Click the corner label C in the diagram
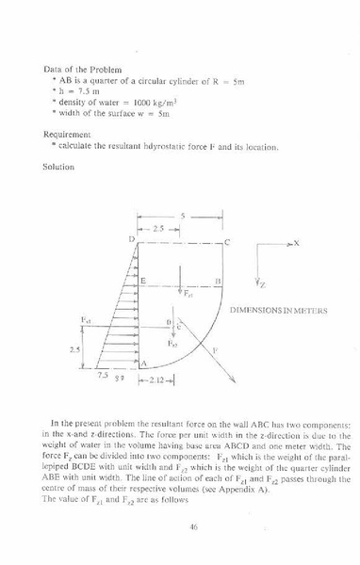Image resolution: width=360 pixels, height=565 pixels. pyautogui.click(x=227, y=243)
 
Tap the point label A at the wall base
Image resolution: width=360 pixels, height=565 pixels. pyautogui.click(x=144, y=363)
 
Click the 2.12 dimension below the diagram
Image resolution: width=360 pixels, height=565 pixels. pyautogui.click(x=155, y=381)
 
